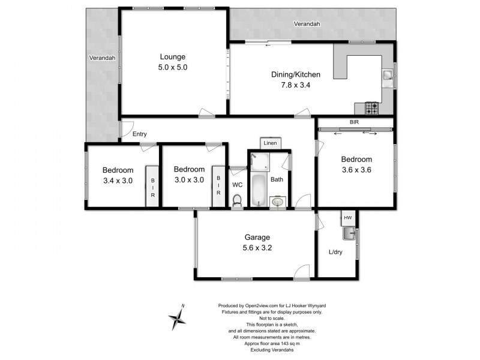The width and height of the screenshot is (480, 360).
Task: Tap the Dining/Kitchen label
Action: (296, 74)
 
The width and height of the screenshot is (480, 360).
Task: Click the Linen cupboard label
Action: (271, 143)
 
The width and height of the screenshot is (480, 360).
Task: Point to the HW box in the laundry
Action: (347, 217)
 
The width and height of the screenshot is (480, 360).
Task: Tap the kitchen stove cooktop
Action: (372, 109)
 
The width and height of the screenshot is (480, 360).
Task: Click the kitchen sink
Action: (388, 76)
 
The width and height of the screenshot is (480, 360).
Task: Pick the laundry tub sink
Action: (349, 233)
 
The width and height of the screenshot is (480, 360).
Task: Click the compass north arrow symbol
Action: (178, 317)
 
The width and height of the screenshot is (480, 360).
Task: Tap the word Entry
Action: (139, 134)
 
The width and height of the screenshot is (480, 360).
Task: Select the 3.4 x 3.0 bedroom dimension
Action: (117, 179)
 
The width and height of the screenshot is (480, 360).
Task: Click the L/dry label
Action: (337, 253)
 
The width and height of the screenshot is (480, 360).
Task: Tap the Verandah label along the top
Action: (307, 24)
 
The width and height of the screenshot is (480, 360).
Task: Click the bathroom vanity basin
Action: (277, 202)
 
